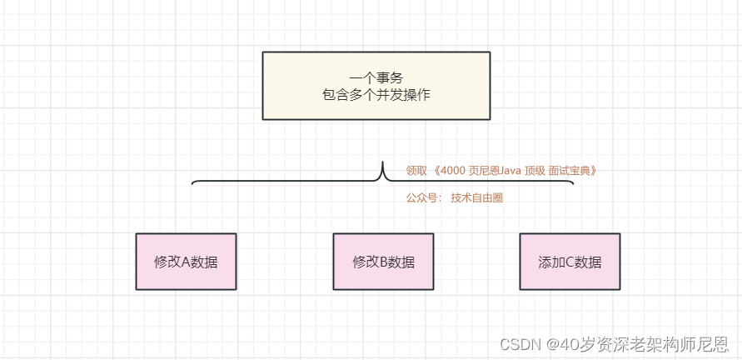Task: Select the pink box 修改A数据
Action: pos(186,261)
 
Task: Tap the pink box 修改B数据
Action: pos(383,261)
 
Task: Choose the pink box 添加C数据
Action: pos(570,261)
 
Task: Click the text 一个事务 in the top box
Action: pos(376,78)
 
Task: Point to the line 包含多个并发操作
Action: pos(376,95)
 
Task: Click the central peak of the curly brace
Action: pos(382,164)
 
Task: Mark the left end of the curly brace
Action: pos(192,182)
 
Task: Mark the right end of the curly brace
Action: pos(573,182)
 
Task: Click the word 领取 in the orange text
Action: pos(416,171)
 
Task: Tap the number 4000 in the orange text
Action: pos(454,171)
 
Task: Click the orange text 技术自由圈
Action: pos(477,198)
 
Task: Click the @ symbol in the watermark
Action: pos(552,343)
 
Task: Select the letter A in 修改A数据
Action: pos(186,262)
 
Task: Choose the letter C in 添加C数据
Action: pos(570,262)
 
